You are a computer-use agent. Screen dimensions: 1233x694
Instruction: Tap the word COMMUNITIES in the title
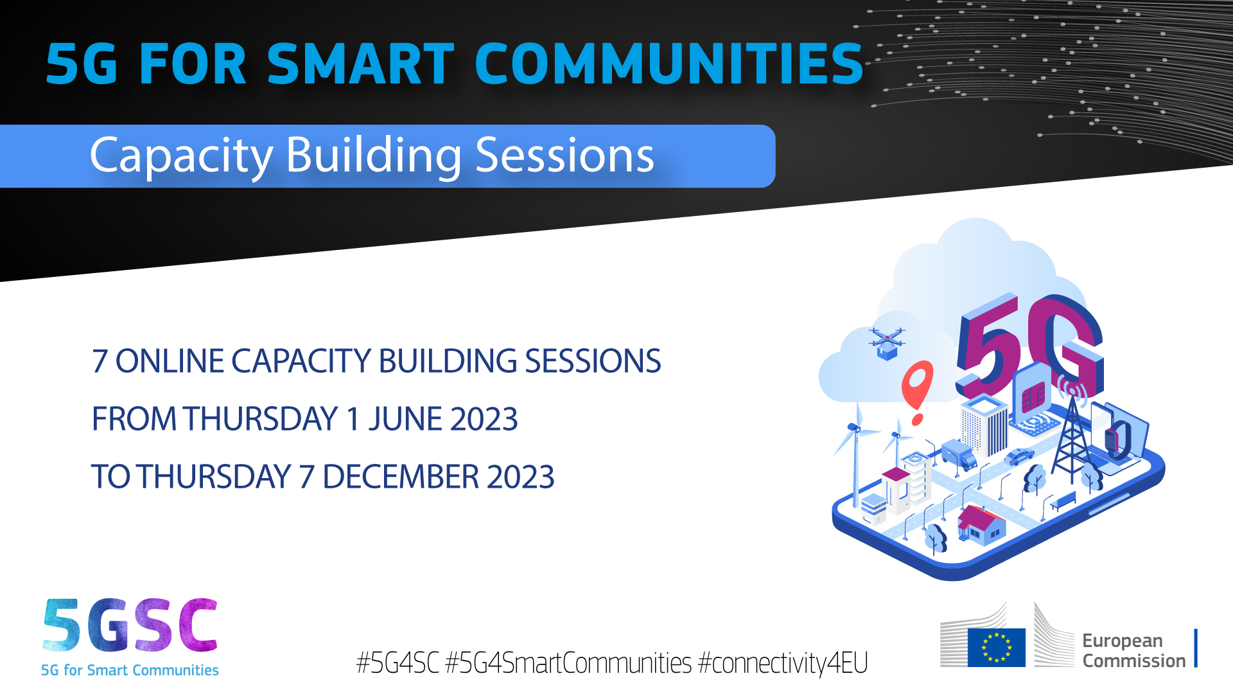coord(669,64)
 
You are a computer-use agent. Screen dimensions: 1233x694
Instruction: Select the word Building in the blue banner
coord(374,156)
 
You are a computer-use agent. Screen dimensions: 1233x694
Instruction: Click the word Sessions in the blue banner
coord(564,156)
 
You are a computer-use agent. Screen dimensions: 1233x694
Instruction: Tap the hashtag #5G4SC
coord(398,663)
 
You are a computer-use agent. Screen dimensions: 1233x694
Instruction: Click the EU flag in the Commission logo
coord(996,647)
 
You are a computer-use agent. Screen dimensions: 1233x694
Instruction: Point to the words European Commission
coord(1133,650)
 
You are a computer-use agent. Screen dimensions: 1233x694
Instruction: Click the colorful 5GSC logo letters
coord(130,625)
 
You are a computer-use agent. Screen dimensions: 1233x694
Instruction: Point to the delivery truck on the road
coord(959,454)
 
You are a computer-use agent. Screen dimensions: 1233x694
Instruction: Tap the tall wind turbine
coord(856,450)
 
